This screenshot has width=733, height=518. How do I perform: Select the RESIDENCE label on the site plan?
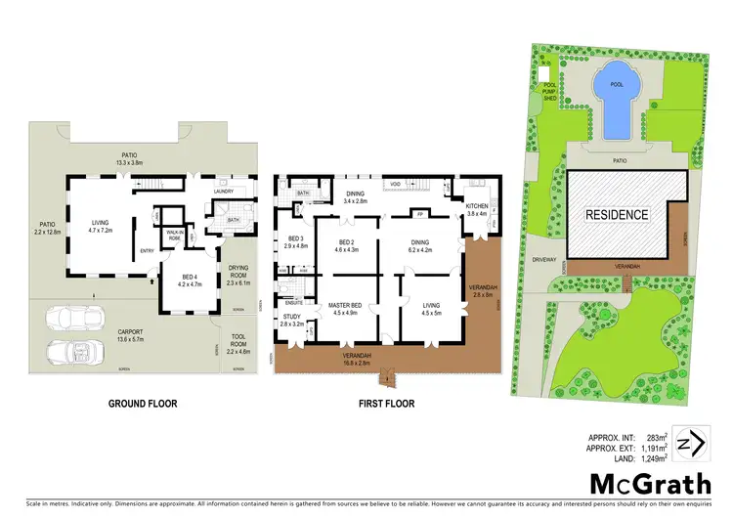[616, 214]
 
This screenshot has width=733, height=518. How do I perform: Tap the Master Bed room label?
[346, 309]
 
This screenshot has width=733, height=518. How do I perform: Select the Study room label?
[291, 317]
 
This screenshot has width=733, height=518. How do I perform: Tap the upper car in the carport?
[74, 319]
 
